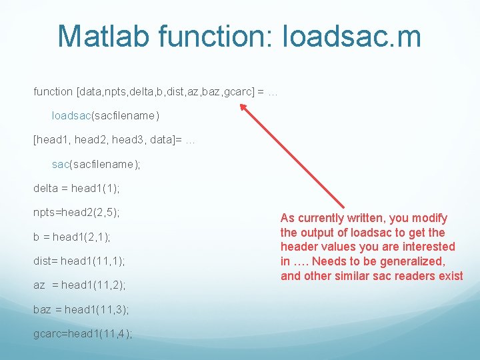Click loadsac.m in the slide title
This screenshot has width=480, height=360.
click(x=352, y=36)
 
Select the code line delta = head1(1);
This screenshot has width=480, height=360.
click(x=77, y=188)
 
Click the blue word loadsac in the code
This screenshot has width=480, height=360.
click(x=71, y=115)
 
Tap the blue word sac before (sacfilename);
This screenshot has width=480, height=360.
click(x=60, y=164)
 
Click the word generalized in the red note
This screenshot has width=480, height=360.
click(x=412, y=261)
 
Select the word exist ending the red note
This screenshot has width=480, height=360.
click(x=449, y=276)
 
